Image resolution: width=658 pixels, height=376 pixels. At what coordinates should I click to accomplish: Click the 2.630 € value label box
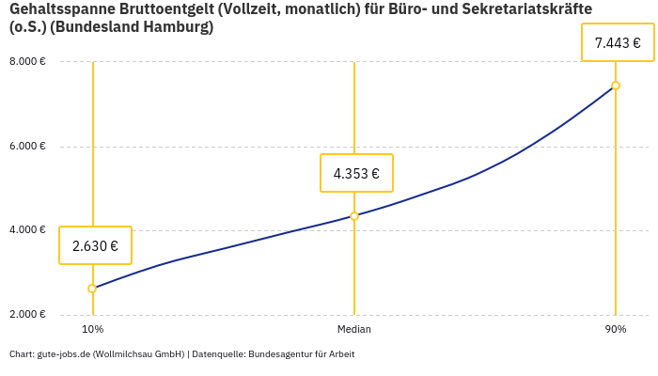(95, 245)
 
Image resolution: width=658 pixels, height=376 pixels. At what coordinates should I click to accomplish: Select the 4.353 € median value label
(356, 173)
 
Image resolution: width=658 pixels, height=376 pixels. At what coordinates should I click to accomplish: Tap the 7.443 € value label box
(618, 42)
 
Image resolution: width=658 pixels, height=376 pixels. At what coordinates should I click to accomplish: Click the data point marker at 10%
(92, 289)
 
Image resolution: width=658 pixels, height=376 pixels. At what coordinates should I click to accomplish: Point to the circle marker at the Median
(354, 216)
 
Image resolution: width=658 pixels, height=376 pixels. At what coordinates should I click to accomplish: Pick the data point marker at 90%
(616, 86)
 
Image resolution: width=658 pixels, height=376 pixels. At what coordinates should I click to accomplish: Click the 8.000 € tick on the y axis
(27, 62)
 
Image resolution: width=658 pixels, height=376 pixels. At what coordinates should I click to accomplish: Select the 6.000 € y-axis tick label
(27, 146)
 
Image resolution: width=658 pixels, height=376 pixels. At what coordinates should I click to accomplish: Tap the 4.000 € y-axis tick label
(27, 230)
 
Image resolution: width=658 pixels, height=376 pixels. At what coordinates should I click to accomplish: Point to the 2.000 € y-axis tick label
(27, 314)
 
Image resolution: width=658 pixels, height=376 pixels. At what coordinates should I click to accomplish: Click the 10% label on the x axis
(92, 330)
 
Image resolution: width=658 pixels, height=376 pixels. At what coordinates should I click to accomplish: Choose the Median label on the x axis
(354, 330)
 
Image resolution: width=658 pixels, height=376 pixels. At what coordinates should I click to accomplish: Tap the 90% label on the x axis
(616, 330)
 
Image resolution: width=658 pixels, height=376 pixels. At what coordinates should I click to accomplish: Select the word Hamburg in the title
(180, 27)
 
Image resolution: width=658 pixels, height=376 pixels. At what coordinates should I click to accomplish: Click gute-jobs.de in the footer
(63, 354)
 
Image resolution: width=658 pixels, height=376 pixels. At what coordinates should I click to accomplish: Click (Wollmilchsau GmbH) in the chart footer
(138, 354)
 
